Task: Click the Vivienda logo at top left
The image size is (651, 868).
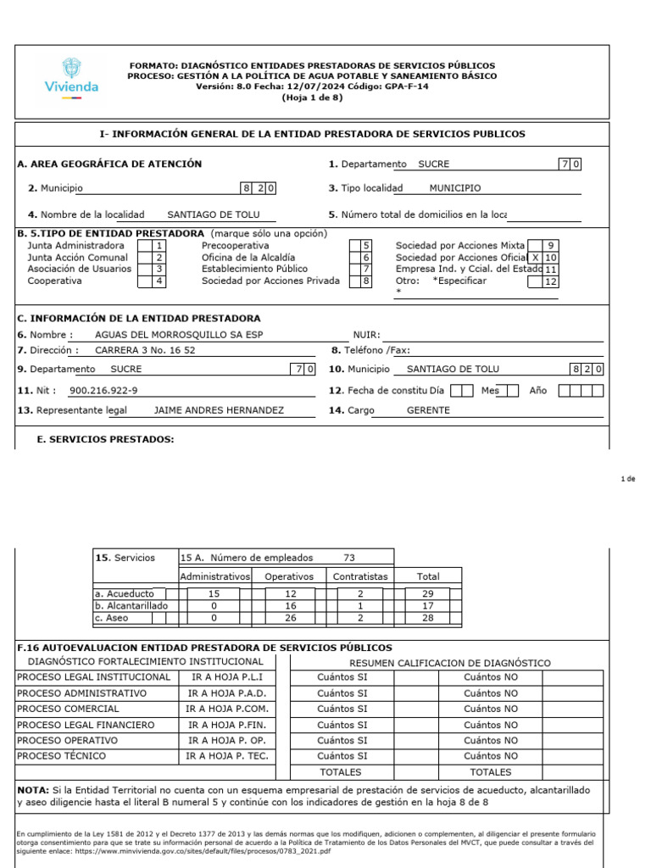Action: pyautogui.click(x=71, y=79)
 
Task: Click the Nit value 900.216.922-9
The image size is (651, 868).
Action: pyautogui.click(x=103, y=391)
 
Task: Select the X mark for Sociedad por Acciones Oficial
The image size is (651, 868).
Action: pyautogui.click(x=535, y=258)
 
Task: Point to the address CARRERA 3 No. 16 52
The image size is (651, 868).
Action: pyautogui.click(x=145, y=350)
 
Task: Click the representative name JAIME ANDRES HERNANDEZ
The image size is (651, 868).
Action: pyautogui.click(x=219, y=410)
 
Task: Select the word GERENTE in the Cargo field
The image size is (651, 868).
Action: pyautogui.click(x=429, y=410)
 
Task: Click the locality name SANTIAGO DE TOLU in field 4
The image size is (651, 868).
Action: pyautogui.click(x=214, y=215)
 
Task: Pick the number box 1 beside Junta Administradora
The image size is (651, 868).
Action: pyautogui.click(x=158, y=246)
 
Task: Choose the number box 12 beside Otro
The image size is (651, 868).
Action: pyautogui.click(x=550, y=281)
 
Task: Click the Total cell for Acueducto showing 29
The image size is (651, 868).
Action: pyautogui.click(x=427, y=594)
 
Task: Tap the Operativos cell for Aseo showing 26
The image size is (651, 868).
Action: pyautogui.click(x=289, y=619)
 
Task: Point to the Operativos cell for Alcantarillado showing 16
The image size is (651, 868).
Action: pyautogui.click(x=289, y=606)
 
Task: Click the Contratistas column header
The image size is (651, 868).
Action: pyautogui.click(x=360, y=576)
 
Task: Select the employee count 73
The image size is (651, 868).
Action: pyautogui.click(x=349, y=558)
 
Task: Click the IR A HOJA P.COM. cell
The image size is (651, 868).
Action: pyautogui.click(x=227, y=709)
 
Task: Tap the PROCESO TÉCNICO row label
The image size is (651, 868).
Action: pyautogui.click(x=58, y=755)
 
